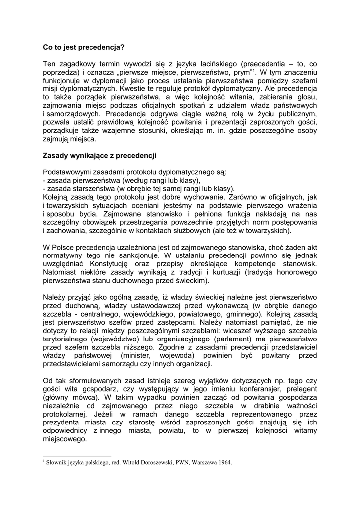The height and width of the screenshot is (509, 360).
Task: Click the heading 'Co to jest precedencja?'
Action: [84, 48]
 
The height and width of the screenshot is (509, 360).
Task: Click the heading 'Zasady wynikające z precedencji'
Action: [99, 156]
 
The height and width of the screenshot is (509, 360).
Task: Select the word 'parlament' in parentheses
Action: [252, 339]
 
